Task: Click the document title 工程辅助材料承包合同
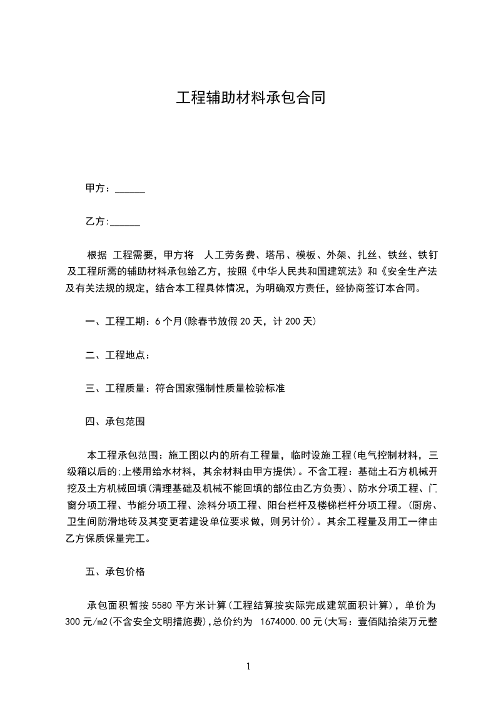[x=250, y=98]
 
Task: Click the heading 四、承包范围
[x=115, y=422]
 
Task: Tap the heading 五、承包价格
[x=115, y=572]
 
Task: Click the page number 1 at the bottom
[x=248, y=667]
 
